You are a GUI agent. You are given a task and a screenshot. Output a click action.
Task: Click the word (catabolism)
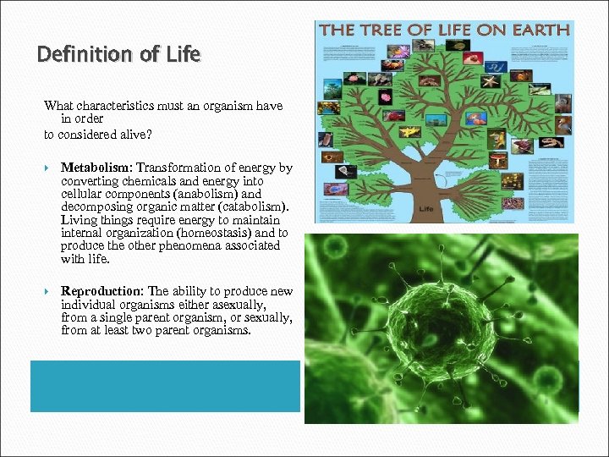pyautogui.click(x=256, y=206)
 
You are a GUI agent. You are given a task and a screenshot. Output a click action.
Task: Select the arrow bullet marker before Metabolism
pyautogui.click(x=48, y=168)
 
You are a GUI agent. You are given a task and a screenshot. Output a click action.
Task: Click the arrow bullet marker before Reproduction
pyautogui.click(x=48, y=292)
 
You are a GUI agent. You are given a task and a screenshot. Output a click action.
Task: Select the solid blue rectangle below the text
pyautogui.click(x=165, y=386)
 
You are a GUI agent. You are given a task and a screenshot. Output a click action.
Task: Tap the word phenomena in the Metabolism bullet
pyautogui.click(x=182, y=245)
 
